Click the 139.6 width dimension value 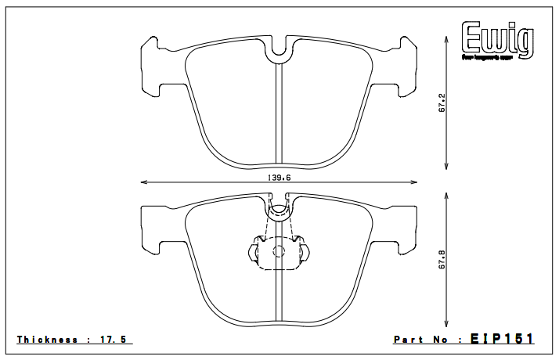tap(279, 178)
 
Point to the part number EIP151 tap(502, 339)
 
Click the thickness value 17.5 tap(117, 340)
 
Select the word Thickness tap(48, 340)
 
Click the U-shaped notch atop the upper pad tap(279, 50)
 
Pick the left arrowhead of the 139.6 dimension tap(143, 183)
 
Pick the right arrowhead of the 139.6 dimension tap(416, 183)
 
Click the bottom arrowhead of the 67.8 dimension tap(447, 325)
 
